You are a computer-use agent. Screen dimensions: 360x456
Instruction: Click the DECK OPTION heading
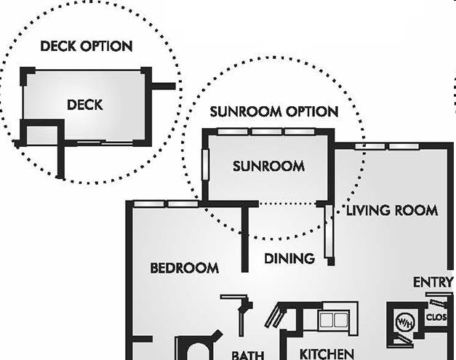86,47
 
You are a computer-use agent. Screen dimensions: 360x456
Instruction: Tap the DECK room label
84,105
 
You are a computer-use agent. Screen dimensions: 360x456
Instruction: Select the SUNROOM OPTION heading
274,112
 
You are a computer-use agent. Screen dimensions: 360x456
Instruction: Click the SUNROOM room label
268,167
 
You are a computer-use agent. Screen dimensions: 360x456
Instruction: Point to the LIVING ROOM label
391,211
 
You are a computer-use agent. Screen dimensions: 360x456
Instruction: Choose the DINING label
289,258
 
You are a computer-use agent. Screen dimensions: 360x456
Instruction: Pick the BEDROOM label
184,268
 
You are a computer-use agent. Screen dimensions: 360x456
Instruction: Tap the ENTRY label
433,282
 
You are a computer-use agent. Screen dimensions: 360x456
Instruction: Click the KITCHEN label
327,354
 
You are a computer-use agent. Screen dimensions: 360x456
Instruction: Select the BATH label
247,355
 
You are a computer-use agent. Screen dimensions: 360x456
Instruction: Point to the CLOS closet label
436,318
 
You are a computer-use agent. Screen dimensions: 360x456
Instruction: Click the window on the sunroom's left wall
206,165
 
